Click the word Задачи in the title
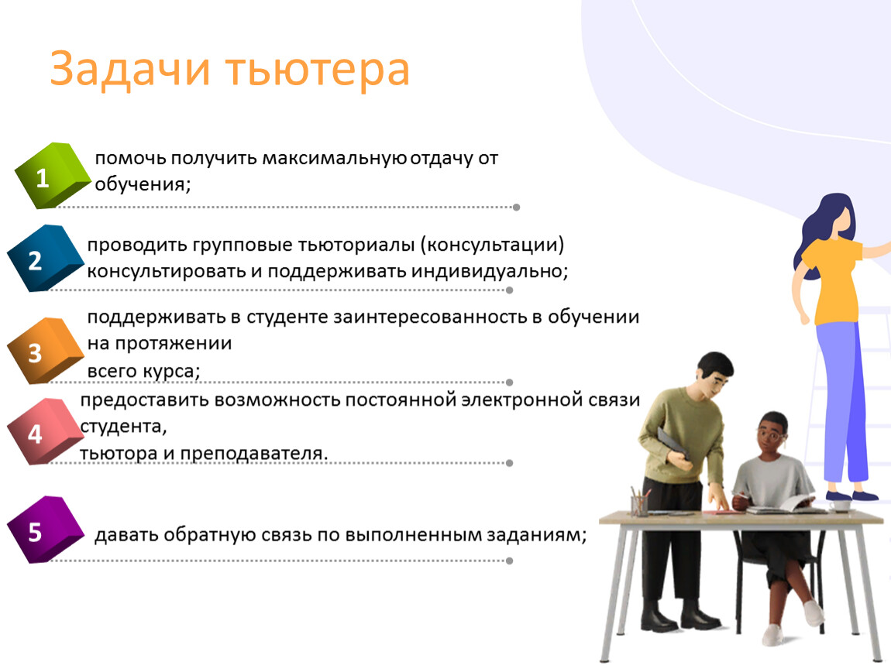130,69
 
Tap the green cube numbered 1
52,175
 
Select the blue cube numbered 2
46,259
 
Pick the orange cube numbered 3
46,351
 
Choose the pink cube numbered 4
46,431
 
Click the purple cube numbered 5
46,530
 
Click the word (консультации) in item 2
492,245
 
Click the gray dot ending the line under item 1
517,208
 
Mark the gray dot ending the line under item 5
510,561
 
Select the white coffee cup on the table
839,505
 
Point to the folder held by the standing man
673,444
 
